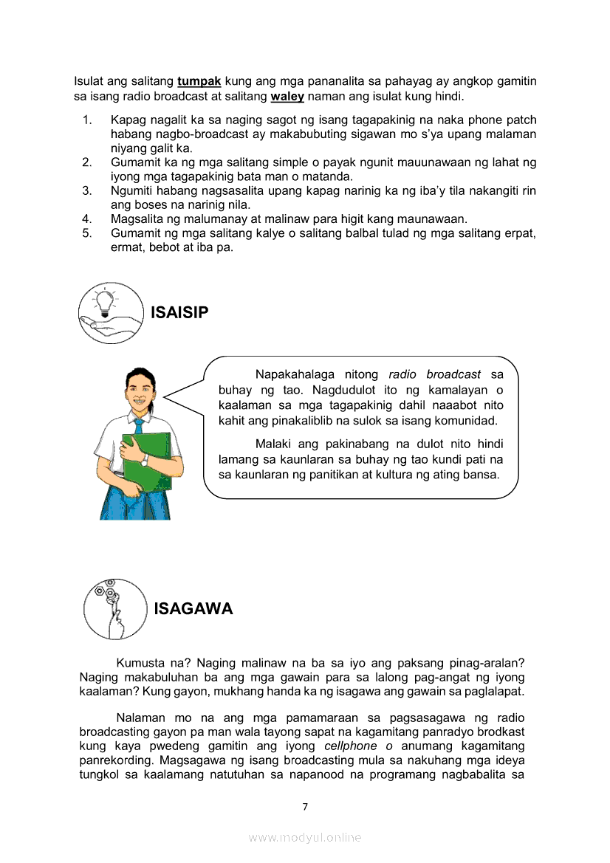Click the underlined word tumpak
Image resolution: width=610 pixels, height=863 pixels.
pos(199,80)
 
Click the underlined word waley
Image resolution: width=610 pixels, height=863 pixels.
pos(287,97)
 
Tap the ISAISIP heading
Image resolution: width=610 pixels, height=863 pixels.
pos(179,313)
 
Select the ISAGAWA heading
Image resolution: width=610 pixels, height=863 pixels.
pos(193,609)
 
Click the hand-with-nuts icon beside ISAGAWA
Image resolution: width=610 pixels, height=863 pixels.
pos(113,608)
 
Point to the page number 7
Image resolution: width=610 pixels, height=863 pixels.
pos(305,806)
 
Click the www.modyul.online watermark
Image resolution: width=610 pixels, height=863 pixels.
pos(305,837)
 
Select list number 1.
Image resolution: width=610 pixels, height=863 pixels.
pos(86,120)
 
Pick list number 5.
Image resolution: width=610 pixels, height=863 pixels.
pos(86,233)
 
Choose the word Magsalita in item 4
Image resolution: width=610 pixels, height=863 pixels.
pos(138,219)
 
